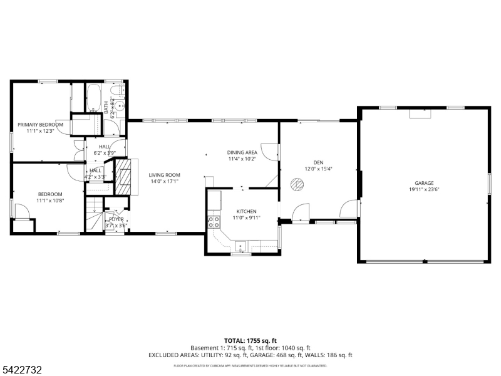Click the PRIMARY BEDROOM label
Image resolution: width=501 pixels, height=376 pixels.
tap(40, 124)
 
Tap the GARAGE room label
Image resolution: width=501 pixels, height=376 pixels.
tap(424, 182)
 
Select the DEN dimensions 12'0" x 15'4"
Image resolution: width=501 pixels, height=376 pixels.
tap(318, 169)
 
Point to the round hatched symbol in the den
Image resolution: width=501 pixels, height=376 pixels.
tap(297, 184)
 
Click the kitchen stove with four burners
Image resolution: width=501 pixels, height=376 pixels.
tap(214, 221)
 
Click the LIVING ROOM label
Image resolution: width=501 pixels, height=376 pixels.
tap(164, 175)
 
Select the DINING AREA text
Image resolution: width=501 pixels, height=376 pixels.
tap(242, 152)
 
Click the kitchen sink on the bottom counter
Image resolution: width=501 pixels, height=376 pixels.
tap(241, 244)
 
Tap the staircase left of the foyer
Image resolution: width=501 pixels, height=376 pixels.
tap(93, 216)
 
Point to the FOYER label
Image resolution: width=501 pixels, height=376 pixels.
tap(116, 219)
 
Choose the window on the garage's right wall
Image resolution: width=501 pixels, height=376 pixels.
tap(489, 182)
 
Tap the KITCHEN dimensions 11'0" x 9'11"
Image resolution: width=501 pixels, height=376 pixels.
tap(246, 218)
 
